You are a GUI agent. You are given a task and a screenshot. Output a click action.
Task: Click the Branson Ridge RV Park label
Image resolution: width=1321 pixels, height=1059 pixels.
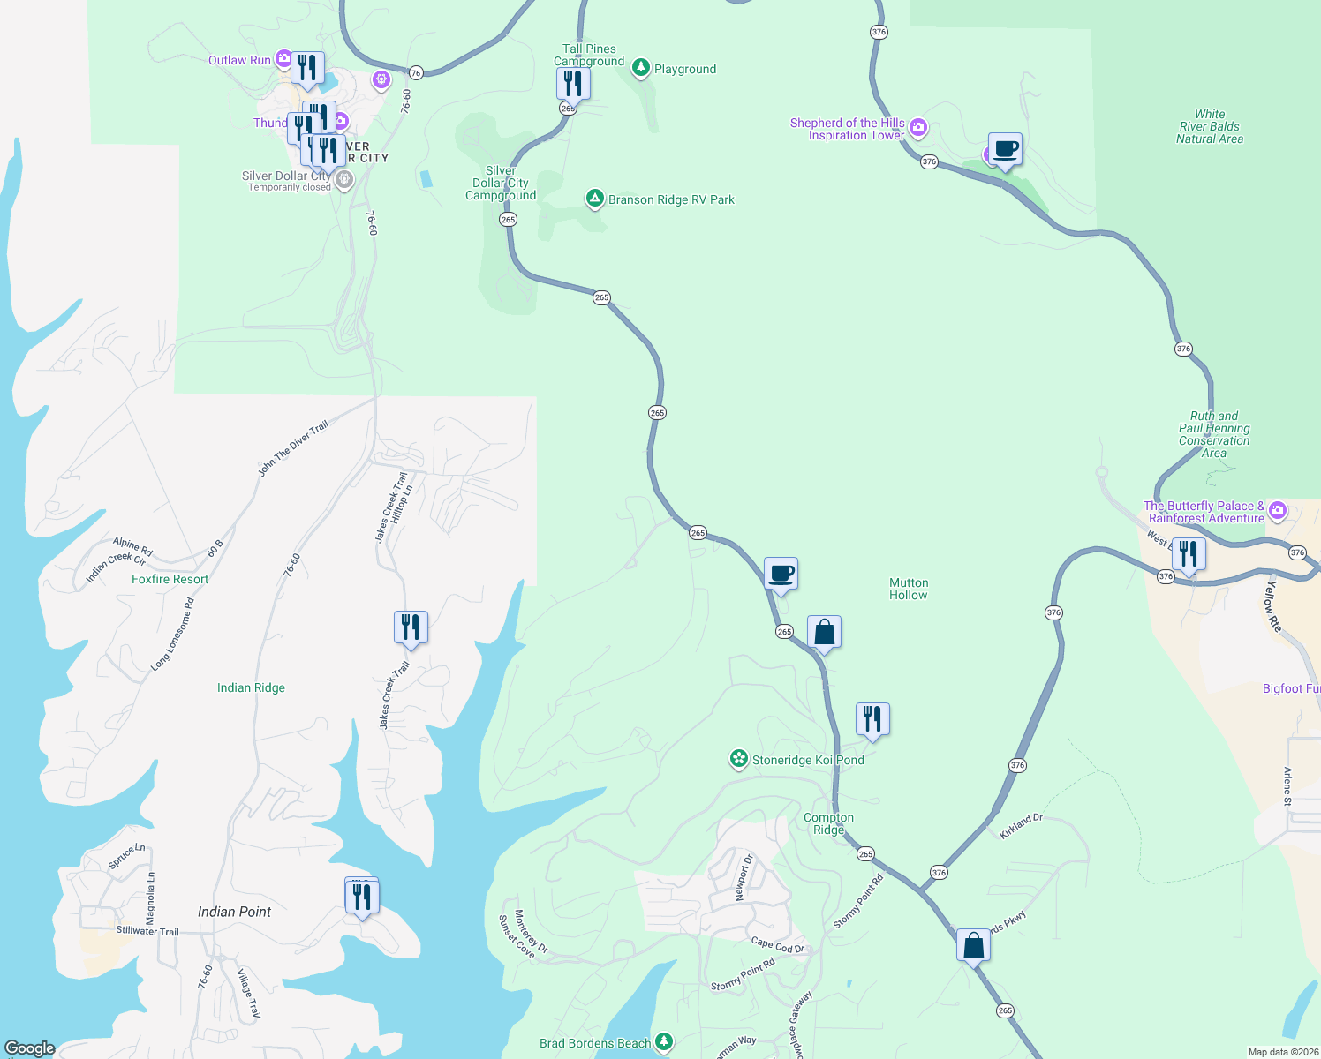[x=671, y=200]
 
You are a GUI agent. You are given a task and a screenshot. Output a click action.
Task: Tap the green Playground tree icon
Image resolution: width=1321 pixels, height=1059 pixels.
[x=641, y=69]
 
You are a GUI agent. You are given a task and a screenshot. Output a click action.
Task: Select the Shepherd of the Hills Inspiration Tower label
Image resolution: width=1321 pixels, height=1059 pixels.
[x=848, y=130]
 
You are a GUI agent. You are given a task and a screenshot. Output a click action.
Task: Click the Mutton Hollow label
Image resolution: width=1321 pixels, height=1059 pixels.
[x=909, y=590]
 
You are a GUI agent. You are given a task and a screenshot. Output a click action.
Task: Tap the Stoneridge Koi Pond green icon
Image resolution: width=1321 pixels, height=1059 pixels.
[x=738, y=759]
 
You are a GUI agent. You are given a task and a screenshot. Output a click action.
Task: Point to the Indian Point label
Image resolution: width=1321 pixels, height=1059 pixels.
[x=234, y=912]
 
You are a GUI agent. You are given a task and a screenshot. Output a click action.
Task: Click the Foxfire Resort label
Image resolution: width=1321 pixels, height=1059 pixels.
[x=170, y=580]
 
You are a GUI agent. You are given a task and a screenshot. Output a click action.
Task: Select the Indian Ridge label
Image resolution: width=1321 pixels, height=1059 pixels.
[x=251, y=688]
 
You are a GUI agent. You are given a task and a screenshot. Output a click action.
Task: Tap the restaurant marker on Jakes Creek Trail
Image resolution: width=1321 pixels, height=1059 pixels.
[x=411, y=627]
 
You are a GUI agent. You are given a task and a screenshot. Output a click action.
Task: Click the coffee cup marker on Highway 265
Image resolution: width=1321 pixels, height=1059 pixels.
[x=781, y=574]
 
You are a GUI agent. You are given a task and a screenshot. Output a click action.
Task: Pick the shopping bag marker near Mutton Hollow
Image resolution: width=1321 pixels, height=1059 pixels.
[x=824, y=633]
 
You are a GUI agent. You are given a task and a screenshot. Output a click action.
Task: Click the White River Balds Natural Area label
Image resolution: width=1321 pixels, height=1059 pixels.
[x=1210, y=127]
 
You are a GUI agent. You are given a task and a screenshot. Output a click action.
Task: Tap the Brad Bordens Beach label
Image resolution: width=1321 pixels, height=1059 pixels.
[x=595, y=1043]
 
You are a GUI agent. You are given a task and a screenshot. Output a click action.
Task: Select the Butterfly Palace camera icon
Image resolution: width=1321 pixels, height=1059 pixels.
[x=1277, y=511]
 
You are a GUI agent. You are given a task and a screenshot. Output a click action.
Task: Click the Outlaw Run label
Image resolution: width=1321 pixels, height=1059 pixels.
[x=239, y=61]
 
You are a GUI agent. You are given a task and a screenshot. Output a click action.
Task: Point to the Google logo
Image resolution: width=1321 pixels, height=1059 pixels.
[x=30, y=1048]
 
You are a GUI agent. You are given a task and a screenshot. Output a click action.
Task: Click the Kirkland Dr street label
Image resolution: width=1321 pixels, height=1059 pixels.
[x=1022, y=826]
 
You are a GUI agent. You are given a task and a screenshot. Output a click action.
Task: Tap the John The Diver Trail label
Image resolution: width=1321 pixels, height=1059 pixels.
[x=293, y=448]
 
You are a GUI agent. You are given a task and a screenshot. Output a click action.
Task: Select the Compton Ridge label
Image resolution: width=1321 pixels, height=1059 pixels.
[x=828, y=823]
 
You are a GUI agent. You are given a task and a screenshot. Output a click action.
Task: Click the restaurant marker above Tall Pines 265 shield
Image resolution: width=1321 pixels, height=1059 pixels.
[x=573, y=84]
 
